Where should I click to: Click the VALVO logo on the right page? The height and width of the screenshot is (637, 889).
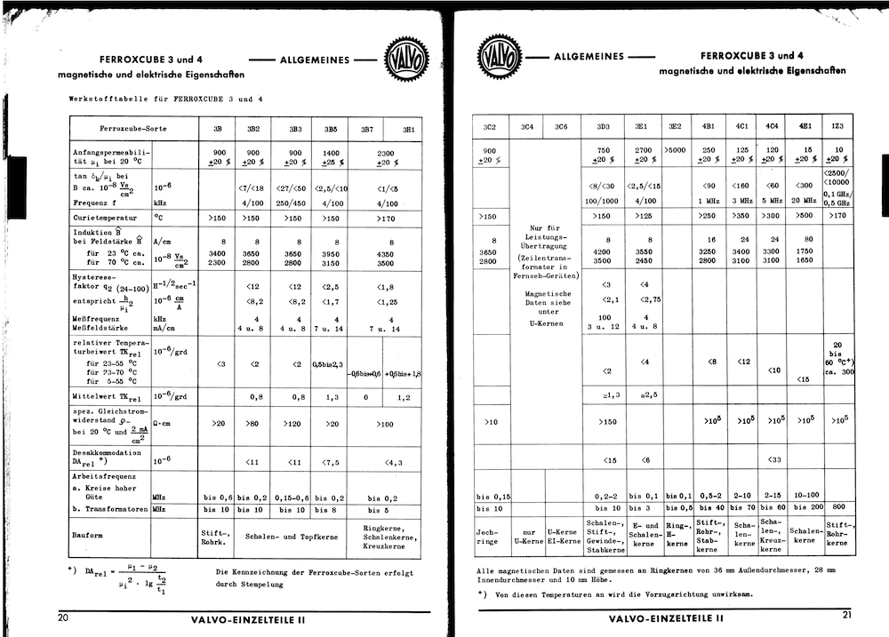coord(500,56)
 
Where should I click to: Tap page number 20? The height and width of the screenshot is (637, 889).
coord(63,617)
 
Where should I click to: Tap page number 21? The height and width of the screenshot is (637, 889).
coord(847,615)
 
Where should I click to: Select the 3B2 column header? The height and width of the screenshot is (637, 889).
coord(252,129)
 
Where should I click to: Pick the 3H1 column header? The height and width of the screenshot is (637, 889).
coord(408,129)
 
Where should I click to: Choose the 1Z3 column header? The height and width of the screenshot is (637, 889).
coord(837,126)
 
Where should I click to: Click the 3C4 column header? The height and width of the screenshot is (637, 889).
coord(526,126)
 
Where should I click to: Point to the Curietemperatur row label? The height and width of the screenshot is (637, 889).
coord(105,217)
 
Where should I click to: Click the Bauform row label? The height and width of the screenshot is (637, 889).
coord(87,536)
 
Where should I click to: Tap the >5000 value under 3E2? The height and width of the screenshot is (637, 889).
coord(675,151)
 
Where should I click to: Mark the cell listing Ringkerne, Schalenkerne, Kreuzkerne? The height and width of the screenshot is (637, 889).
coord(385,536)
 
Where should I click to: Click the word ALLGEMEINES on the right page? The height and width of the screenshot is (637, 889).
coord(589,56)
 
